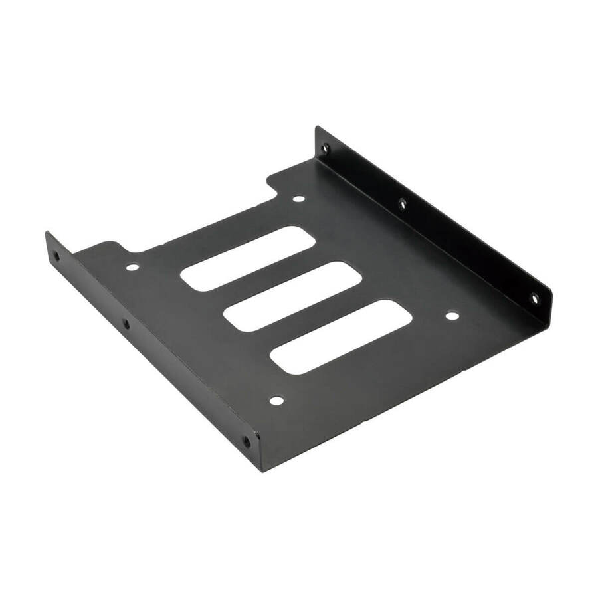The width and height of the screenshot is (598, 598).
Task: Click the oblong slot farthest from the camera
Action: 247,258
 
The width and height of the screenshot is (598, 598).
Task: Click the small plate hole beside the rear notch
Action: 298,198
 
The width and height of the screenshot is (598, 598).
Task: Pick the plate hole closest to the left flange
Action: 132,268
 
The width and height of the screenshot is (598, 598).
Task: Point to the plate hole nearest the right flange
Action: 451,316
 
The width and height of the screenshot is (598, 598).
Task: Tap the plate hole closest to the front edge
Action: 276,401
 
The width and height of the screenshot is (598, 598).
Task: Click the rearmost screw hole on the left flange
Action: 55,255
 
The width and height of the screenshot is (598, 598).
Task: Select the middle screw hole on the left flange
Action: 126,324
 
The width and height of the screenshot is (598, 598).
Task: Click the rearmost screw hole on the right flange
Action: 325,149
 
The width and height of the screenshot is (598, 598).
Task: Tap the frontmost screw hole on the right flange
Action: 534,299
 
